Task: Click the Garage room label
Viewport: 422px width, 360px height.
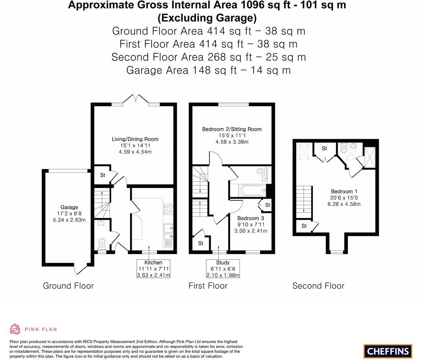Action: tap(69, 207)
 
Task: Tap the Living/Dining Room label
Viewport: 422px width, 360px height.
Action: tap(135, 139)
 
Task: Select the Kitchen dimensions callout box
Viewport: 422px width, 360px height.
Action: tap(153, 269)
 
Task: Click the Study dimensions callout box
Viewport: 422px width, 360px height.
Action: tap(223, 269)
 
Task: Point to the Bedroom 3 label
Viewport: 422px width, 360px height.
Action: tap(251, 218)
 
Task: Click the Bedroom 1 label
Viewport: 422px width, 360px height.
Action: tap(342, 192)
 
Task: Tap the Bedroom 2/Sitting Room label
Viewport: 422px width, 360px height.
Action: tap(232, 129)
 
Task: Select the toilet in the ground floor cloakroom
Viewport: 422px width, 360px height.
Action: tap(102, 243)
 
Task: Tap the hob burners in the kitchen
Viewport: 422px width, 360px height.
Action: tap(168, 209)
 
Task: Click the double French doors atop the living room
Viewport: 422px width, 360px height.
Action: tap(136, 99)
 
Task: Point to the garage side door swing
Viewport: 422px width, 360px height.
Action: tap(81, 269)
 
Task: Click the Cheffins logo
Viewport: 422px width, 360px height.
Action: tap(388, 351)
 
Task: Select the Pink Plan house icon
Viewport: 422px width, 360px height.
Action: tap(15, 329)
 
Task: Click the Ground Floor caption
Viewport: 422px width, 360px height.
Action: tap(68, 286)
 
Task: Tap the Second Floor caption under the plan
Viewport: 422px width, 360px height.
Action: tap(318, 286)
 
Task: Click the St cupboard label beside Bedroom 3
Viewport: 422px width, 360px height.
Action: tap(268, 205)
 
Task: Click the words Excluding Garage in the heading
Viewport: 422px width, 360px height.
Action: tap(207, 17)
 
